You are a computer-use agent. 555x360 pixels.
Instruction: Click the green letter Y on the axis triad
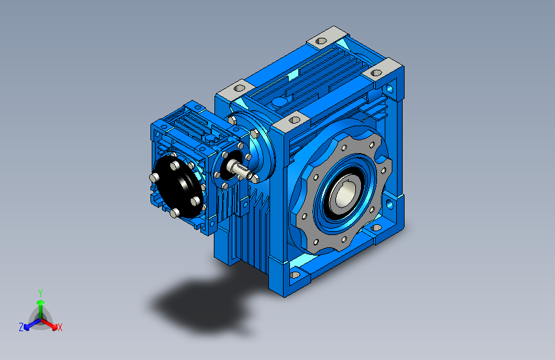point(40,293)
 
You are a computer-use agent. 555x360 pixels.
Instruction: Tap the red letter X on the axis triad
point(60,327)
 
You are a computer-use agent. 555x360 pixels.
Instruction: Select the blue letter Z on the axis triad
point(21,327)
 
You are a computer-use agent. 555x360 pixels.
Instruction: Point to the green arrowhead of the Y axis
point(41,302)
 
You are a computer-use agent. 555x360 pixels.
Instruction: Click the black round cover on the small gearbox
point(179,187)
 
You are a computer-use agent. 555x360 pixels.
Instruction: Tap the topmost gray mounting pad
point(326,37)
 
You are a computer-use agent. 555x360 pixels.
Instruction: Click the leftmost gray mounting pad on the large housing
point(236,90)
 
